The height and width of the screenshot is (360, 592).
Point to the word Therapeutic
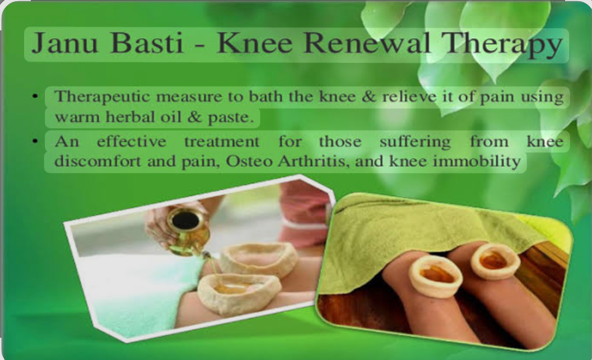pyautogui.click(x=102, y=97)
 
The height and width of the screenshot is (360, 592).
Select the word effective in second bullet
pyautogui.click(x=131, y=141)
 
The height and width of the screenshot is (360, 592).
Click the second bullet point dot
pyautogui.click(x=35, y=141)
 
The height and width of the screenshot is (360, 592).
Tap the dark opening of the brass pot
pyautogui.click(x=185, y=219)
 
